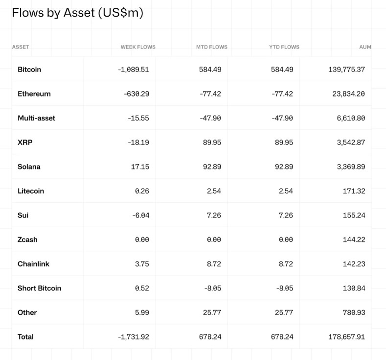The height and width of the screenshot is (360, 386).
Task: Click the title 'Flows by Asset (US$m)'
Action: [x=77, y=13]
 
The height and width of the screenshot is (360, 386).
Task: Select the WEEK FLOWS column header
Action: [x=138, y=47]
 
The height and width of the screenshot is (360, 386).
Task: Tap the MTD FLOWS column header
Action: [x=211, y=47]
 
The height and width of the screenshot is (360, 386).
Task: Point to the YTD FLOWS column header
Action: [x=284, y=47]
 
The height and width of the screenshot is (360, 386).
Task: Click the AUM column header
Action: [x=365, y=47]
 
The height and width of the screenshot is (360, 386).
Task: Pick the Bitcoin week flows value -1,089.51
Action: [x=133, y=70]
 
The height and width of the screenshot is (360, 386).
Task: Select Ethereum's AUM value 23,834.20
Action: [x=348, y=94]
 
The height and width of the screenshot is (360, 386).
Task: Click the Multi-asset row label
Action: [x=36, y=118]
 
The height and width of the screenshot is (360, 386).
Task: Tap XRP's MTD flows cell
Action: [x=212, y=143]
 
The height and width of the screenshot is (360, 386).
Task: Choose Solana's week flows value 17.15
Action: [x=140, y=167]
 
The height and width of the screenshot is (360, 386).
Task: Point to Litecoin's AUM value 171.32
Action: [x=354, y=191]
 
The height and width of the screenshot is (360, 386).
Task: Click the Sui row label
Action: [x=23, y=216]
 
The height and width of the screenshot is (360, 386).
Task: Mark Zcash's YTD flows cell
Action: [x=286, y=240]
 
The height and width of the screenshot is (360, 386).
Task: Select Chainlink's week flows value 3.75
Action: [x=141, y=264]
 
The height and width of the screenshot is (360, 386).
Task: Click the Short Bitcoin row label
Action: [x=39, y=288]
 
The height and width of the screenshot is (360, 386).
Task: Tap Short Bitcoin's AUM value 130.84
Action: [x=354, y=288]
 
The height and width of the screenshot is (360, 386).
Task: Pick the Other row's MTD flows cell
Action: [x=212, y=312]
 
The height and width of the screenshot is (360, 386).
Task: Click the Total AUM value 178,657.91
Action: [x=346, y=337]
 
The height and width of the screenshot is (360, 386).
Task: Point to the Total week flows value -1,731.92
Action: [x=133, y=337]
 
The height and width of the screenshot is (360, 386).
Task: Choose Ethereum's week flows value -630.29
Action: [x=136, y=94]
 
